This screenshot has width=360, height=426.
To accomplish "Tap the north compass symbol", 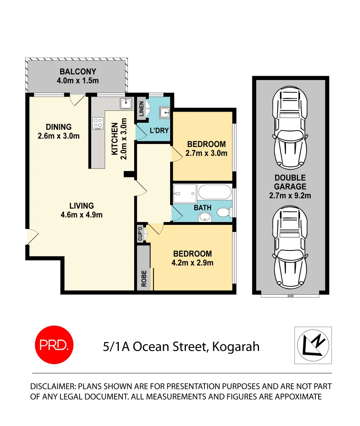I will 313,345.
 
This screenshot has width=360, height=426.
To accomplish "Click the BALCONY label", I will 78,72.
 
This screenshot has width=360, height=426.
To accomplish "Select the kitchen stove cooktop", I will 97,123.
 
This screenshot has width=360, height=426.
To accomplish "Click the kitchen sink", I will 126,104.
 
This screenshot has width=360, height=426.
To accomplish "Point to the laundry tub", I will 165,113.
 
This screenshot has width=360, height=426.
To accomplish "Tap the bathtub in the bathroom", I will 214,193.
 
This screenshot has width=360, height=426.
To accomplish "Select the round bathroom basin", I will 204,216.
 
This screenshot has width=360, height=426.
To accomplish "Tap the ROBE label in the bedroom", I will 144,278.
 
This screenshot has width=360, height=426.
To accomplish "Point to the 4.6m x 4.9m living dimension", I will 81,215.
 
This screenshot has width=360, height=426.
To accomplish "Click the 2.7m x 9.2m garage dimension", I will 290,195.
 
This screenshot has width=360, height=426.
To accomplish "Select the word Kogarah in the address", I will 236,347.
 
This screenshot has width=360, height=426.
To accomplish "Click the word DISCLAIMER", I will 53,386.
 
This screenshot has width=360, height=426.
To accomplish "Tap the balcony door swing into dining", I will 77,100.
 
